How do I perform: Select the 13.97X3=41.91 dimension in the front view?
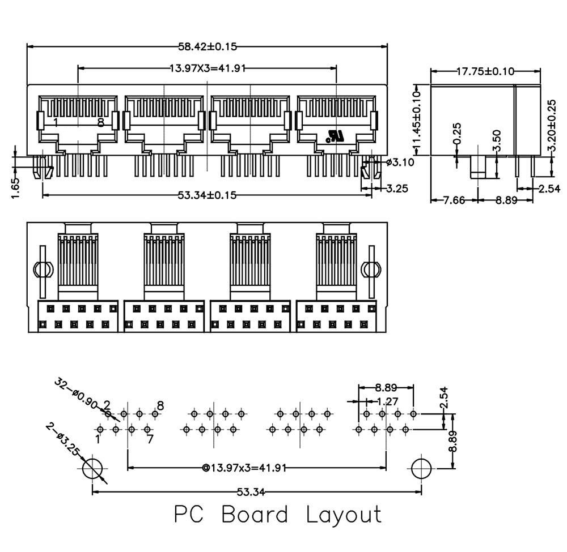208,69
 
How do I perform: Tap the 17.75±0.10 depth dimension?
485,71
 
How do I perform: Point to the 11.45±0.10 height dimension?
418,120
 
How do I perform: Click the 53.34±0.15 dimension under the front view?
207,195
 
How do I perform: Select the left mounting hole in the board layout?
93,469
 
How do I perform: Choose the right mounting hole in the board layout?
421,468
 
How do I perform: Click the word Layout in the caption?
344,515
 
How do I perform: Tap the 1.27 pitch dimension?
386,401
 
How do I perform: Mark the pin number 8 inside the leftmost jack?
100,122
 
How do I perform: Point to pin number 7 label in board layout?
150,439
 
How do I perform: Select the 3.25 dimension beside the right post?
397,189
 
